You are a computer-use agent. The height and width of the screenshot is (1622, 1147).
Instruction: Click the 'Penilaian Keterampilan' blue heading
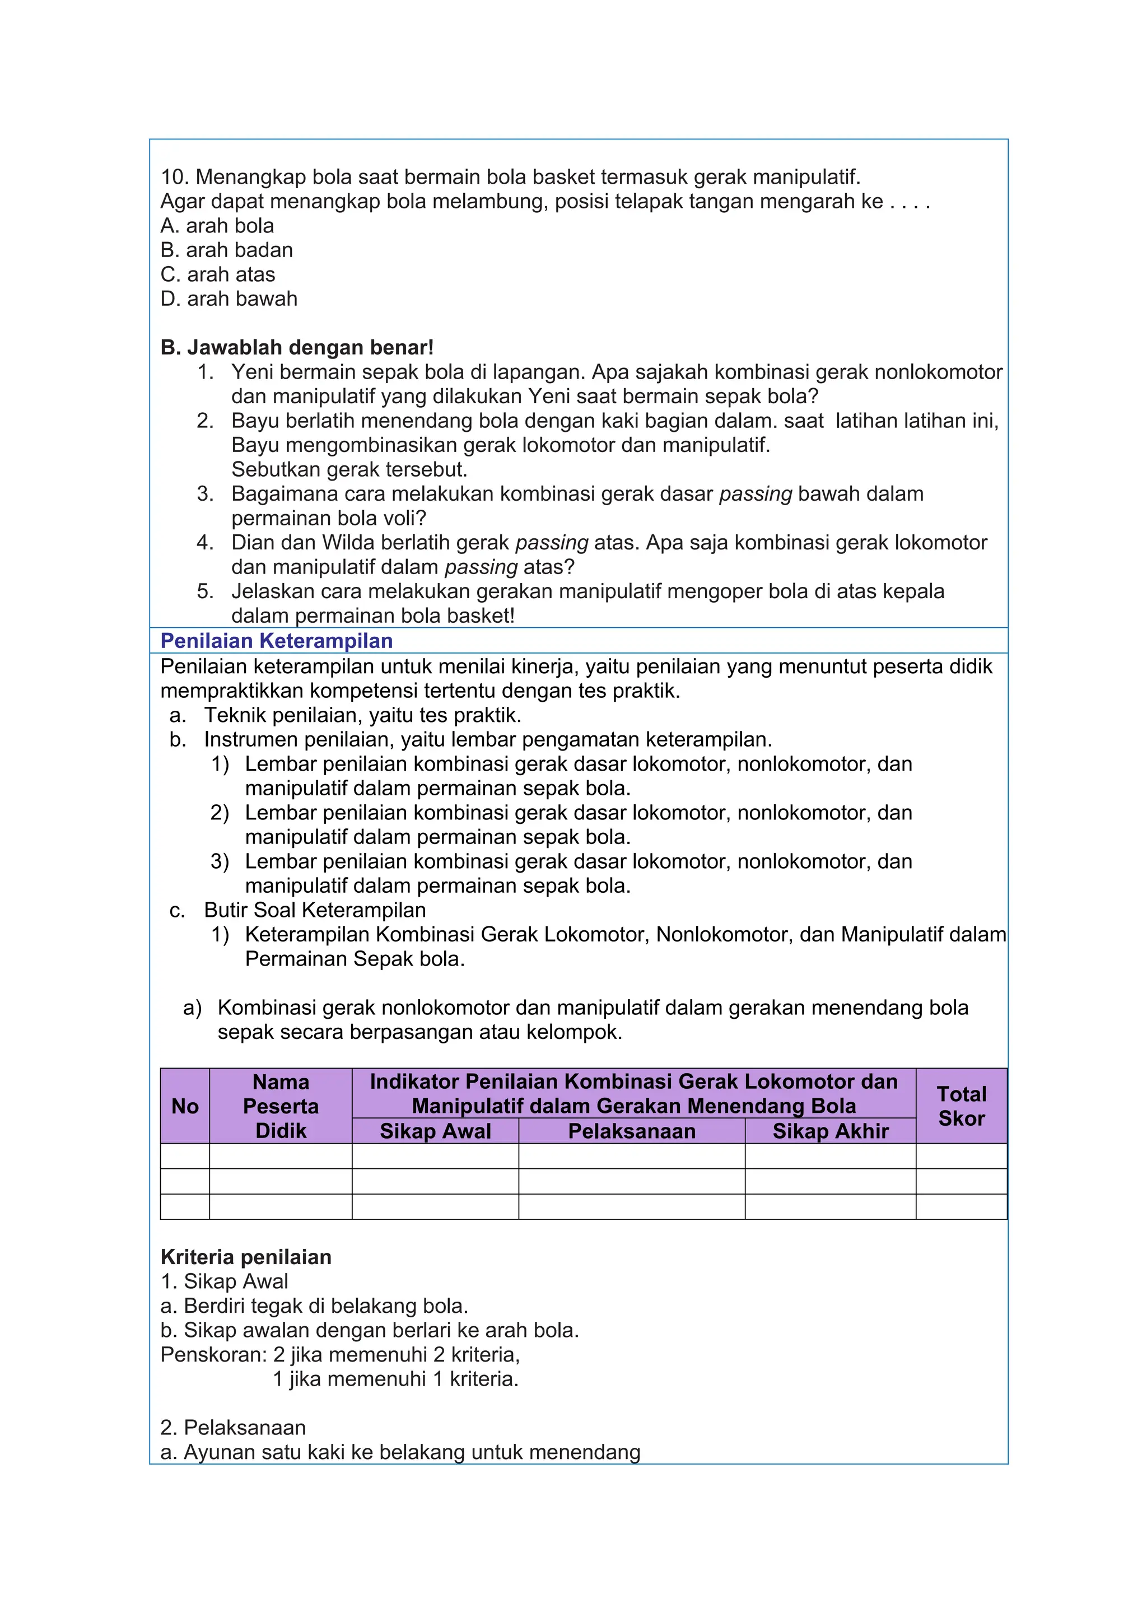(276, 641)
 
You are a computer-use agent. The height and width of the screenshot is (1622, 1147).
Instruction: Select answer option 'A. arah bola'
(217, 226)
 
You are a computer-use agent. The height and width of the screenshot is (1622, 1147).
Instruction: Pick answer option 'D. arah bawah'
(229, 299)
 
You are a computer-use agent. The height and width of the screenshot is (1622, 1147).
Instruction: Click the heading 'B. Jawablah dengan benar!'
(297, 348)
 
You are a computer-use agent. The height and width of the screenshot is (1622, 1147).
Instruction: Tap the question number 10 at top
(174, 178)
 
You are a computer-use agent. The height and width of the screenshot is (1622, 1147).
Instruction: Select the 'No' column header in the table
(185, 1106)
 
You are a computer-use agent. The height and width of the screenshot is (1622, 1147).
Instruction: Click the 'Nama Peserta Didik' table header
(281, 1106)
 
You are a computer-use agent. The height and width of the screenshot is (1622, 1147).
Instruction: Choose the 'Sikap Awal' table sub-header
(435, 1131)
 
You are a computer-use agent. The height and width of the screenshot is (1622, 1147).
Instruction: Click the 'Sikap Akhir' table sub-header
(830, 1131)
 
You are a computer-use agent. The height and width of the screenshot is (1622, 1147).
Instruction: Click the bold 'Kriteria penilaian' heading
(246, 1257)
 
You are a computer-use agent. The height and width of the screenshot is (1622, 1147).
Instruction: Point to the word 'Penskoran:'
(214, 1355)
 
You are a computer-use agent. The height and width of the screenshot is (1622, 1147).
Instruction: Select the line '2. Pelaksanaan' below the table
(233, 1428)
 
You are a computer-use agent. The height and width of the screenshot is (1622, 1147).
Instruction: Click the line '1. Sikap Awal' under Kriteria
(224, 1281)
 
